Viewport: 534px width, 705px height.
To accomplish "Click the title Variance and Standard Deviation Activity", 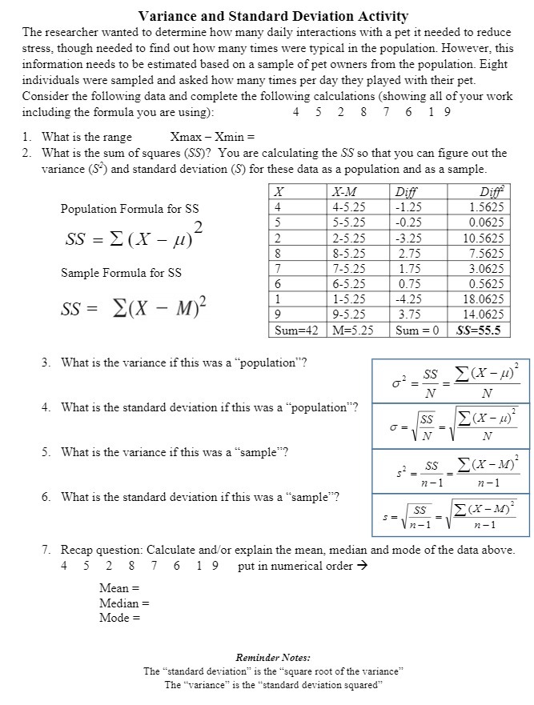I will click(273, 16).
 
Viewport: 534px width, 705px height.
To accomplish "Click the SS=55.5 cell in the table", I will click(478, 329).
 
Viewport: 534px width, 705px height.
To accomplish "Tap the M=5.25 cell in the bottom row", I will click(351, 329).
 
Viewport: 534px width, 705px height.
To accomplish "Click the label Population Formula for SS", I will click(130, 209).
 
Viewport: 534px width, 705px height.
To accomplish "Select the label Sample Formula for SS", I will click(121, 273).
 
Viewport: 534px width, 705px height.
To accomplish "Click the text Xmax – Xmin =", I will click(212, 137).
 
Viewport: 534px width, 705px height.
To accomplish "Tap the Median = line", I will click(124, 603).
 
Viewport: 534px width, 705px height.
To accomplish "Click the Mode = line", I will click(119, 617).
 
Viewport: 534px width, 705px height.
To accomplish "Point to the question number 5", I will click(46, 451).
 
